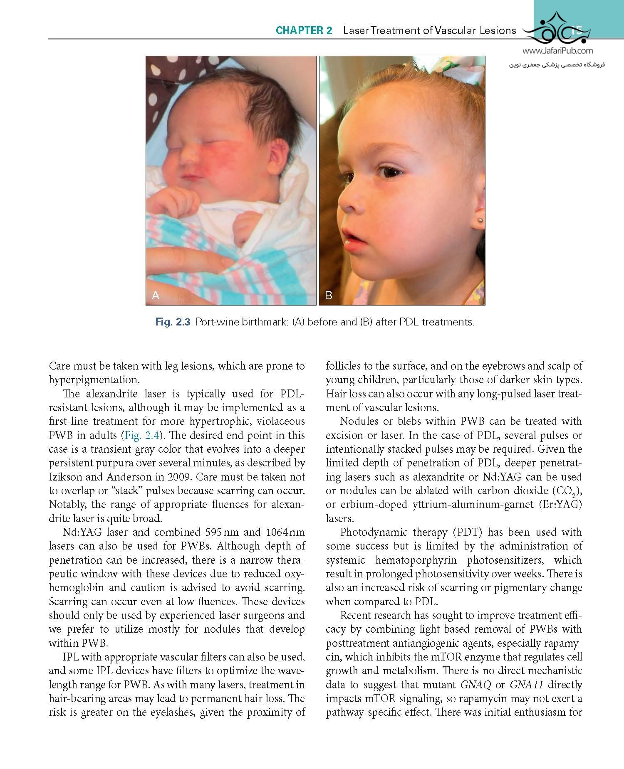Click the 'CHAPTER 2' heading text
tap(304, 31)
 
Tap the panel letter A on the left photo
tap(156, 295)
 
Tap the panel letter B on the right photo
tap(329, 295)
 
